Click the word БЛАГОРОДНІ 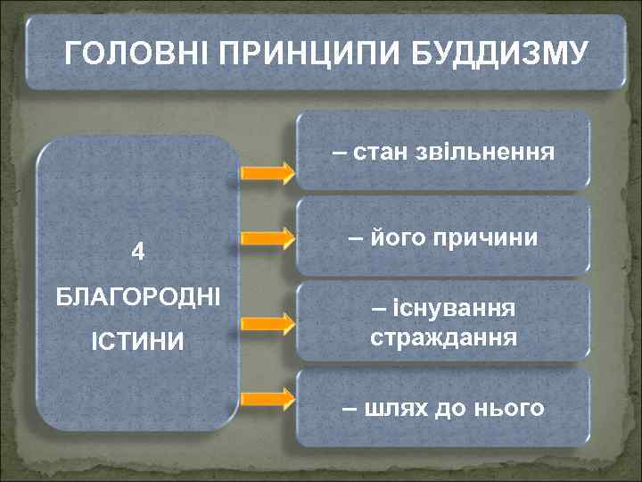click(137, 295)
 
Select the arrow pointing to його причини click(267, 238)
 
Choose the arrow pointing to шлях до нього click(267, 396)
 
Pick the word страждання click(443, 338)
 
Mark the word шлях click(395, 409)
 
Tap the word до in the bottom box click(451, 409)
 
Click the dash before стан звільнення click(340, 153)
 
